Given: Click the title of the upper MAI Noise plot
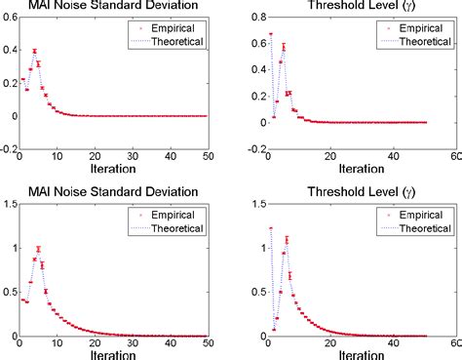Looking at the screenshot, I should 115,8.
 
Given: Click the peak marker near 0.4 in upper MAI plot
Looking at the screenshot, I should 35,51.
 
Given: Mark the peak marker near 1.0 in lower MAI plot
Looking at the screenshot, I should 38,249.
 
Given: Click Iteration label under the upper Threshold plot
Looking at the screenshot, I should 354,169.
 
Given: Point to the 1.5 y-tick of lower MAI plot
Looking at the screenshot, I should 9,204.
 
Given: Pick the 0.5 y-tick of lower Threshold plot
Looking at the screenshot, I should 252,290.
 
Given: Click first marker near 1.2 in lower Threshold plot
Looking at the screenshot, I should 270,228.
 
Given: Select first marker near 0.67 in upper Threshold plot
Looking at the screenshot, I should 270,34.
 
